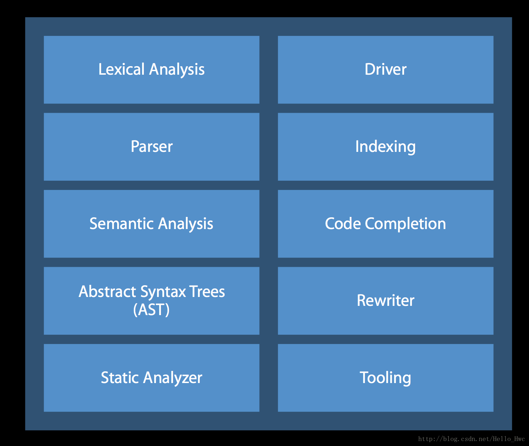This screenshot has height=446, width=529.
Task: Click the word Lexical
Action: (121, 69)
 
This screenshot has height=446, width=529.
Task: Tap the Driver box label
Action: (385, 69)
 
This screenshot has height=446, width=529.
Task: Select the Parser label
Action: (152, 146)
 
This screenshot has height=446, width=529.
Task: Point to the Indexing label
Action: (385, 147)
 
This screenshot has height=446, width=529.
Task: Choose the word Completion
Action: (405, 224)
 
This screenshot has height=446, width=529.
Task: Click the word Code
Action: (343, 223)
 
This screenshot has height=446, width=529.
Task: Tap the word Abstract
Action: (107, 291)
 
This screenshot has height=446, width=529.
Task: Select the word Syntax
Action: (163, 292)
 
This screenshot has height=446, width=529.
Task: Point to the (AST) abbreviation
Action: (151, 309)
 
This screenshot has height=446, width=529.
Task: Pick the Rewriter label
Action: (385, 301)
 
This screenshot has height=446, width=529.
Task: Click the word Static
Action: (120, 377)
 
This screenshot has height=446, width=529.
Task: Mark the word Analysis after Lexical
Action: (177, 70)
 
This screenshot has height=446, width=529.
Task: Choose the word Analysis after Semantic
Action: (185, 224)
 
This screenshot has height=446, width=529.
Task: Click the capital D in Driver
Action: (370, 69)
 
